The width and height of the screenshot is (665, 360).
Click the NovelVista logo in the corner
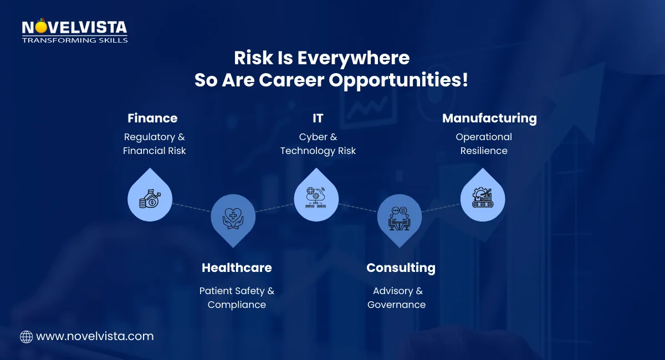(74, 32)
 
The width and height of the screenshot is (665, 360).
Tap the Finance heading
(152, 118)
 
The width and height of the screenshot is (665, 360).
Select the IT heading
(318, 118)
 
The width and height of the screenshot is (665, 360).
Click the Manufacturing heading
(489, 118)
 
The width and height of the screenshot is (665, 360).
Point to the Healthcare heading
(237, 268)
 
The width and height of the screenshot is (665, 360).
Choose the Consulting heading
(401, 268)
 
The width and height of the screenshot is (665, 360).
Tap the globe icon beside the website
(26, 336)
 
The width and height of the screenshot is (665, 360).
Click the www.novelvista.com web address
(95, 336)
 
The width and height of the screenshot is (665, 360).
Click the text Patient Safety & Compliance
(237, 297)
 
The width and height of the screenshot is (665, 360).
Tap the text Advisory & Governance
(397, 297)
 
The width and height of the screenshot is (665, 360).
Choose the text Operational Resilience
(484, 143)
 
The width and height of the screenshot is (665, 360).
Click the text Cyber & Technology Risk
(318, 143)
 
